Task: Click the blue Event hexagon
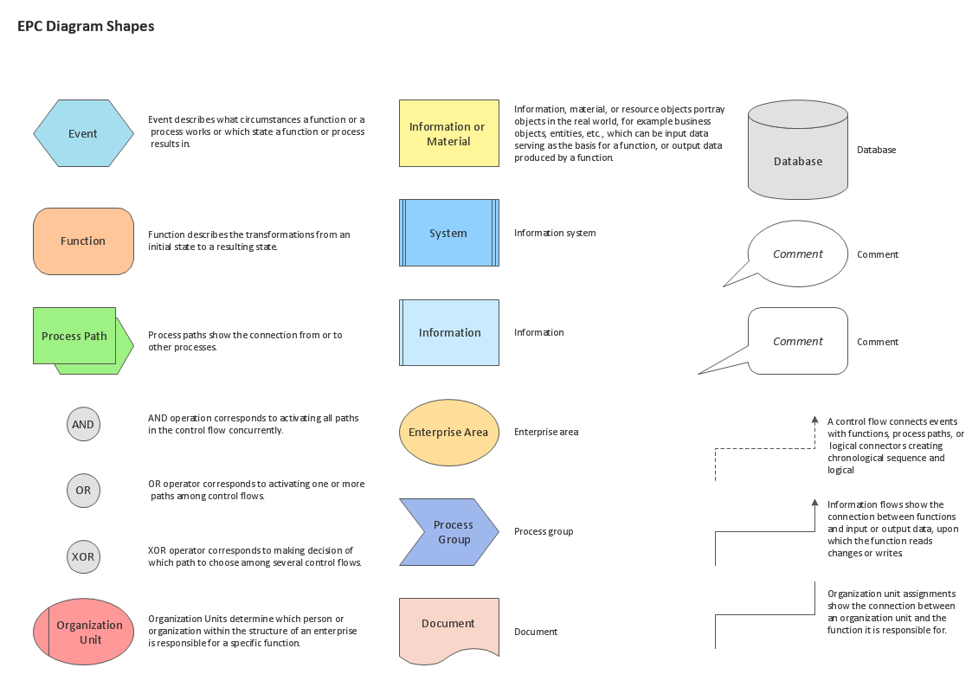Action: pyautogui.click(x=83, y=133)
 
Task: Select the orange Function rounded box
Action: pyautogui.click(x=83, y=241)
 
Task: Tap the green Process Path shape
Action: pyautogui.click(x=75, y=336)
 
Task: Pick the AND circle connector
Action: pyautogui.click(x=83, y=425)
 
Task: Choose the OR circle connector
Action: pyautogui.click(x=83, y=491)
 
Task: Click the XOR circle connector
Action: pyautogui.click(x=83, y=556)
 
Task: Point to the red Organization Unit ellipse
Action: pyautogui.click(x=84, y=632)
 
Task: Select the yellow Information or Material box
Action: pyautogui.click(x=448, y=133)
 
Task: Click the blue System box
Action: pyautogui.click(x=448, y=233)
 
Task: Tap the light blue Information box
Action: pyautogui.click(x=449, y=332)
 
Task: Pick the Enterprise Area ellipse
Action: pyautogui.click(x=448, y=432)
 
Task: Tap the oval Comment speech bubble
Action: pyautogui.click(x=797, y=254)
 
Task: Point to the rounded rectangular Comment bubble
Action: pyautogui.click(x=797, y=341)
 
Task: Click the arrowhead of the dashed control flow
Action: pyautogui.click(x=814, y=420)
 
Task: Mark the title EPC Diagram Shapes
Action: pyautogui.click(x=86, y=27)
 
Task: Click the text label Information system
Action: pyautogui.click(x=555, y=233)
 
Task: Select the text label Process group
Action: pyautogui.click(x=544, y=531)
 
